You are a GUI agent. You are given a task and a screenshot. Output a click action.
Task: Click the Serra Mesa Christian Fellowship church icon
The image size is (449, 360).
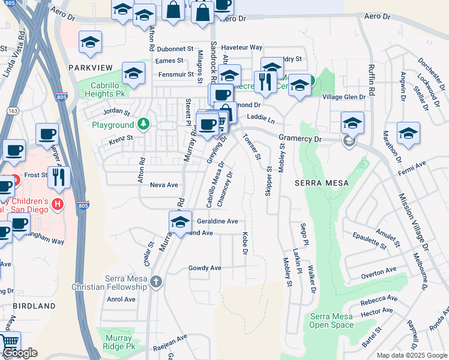coord(156,282)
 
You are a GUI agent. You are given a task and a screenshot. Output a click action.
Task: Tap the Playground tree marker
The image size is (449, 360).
coord(143,125)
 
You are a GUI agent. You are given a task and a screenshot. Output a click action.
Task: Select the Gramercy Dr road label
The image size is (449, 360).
coord(301,139)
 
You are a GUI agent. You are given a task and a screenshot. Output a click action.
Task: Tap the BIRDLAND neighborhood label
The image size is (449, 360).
coord(33,306)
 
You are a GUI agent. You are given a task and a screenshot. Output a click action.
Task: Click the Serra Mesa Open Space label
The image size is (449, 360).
coord(331,321)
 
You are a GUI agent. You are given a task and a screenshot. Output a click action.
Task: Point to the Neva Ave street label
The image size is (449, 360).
coord(164,185)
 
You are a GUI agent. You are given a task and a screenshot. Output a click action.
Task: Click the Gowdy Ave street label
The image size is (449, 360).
coord(205,268)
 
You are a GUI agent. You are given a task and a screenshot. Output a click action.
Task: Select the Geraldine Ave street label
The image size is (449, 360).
coord(218,221)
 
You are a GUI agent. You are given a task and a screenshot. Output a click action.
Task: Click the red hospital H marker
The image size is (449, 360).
coord(58,205)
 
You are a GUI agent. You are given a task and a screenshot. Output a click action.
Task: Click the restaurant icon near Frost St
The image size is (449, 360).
coord(59,176)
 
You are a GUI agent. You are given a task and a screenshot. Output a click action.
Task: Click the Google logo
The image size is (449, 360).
coord(20,353)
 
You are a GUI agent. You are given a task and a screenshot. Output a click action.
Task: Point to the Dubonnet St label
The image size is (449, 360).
coord(173,49)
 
